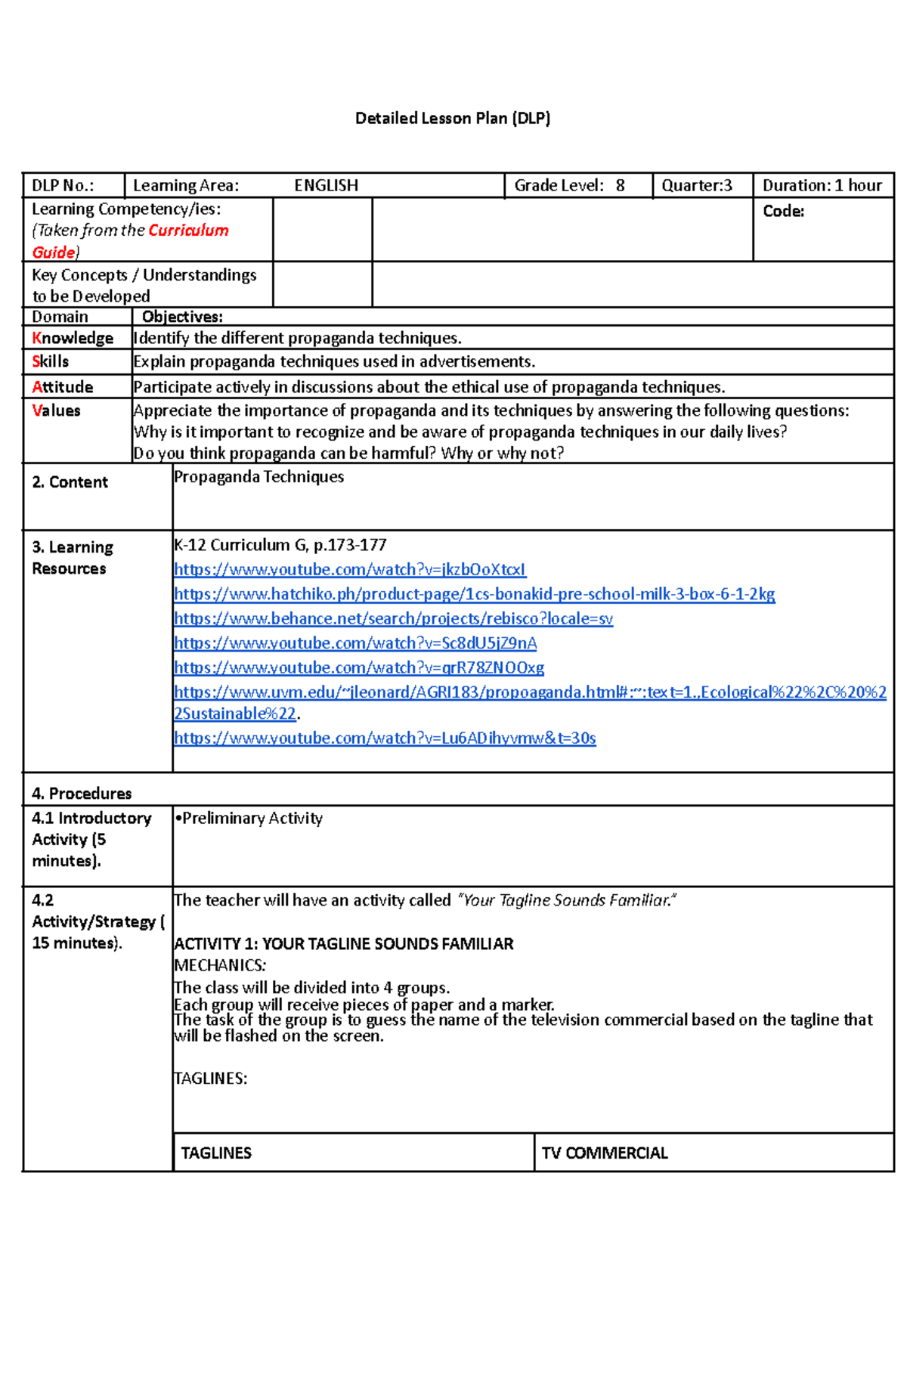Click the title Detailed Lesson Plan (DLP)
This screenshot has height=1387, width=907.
coord(453,118)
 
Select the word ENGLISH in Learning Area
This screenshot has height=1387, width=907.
coord(326,185)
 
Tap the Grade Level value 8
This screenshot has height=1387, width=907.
coord(620,185)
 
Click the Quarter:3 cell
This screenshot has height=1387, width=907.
coord(696,185)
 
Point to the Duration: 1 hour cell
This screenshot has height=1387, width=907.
coord(822,185)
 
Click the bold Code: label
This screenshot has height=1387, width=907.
coord(783,211)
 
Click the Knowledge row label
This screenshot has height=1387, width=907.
coord(73,338)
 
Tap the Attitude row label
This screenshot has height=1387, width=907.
coord(63,387)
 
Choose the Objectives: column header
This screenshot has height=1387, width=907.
coord(182,317)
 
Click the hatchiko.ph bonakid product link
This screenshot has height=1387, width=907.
coord(474,594)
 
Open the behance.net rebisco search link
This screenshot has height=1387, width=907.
coord(393,618)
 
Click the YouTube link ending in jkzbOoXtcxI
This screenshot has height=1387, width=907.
coord(349,569)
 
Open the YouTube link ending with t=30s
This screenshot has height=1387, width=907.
coord(385,738)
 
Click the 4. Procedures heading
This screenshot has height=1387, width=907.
coord(82,793)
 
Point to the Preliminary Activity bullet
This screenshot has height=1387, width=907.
coord(248,818)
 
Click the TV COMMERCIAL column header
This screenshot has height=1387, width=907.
coord(604,1153)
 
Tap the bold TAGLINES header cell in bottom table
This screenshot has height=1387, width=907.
coord(216,1153)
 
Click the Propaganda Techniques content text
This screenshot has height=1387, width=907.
coord(258,477)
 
